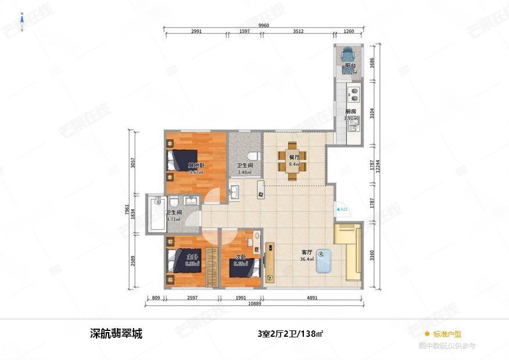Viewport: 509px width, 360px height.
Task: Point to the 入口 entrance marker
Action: (342, 208)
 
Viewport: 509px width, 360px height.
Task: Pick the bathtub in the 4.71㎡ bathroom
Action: (156, 214)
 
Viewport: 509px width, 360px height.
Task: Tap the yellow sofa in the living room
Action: (347, 252)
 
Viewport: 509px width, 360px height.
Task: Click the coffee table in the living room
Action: (324, 261)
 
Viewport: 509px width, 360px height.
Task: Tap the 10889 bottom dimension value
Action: (254, 304)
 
